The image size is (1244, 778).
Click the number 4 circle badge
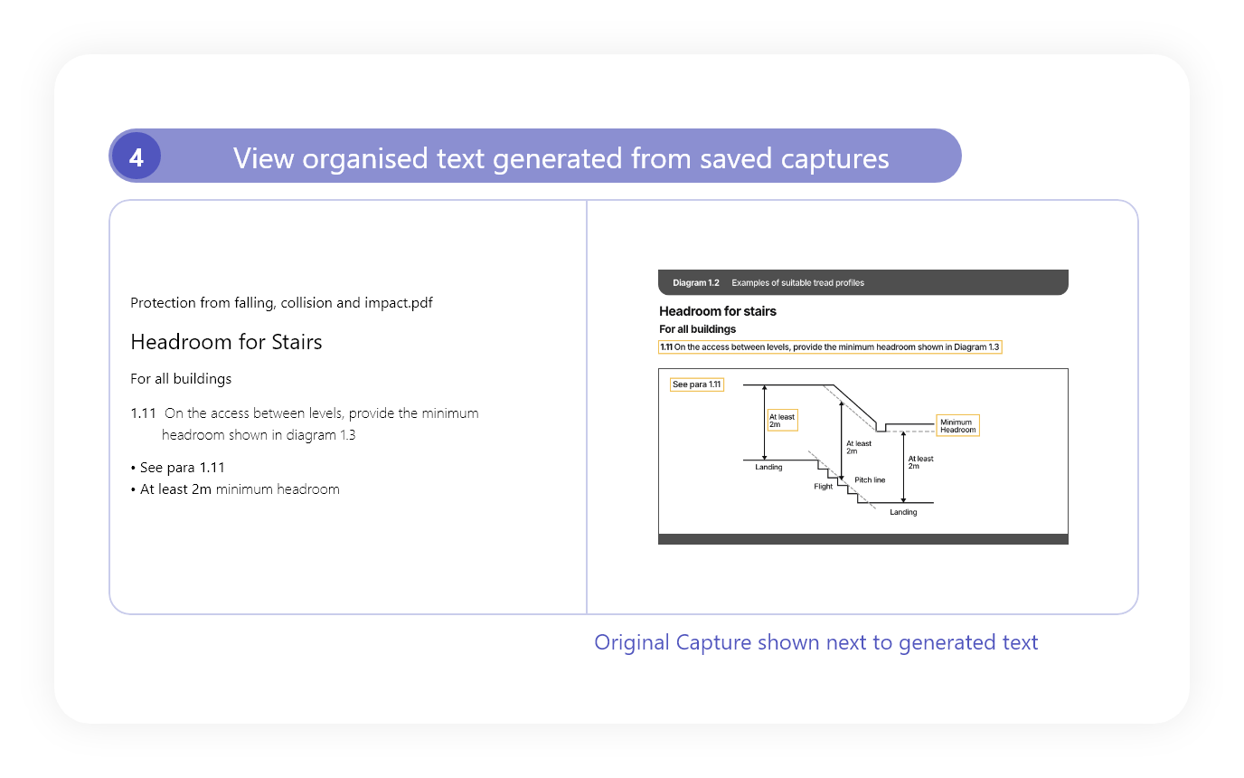pyautogui.click(x=136, y=156)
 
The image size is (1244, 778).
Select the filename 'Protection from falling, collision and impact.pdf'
pyautogui.click(x=281, y=303)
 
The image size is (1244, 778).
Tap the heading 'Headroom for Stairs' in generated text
pyautogui.click(x=226, y=342)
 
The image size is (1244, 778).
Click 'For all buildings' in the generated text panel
pyautogui.click(x=181, y=379)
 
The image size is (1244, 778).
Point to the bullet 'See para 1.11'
pyautogui.click(x=178, y=468)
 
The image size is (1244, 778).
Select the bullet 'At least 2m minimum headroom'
pyautogui.click(x=235, y=489)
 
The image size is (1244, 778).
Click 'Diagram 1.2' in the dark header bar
pyautogui.click(x=696, y=283)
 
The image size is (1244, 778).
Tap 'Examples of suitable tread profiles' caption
pyautogui.click(x=797, y=283)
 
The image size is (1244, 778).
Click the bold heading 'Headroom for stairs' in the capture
pyautogui.click(x=718, y=311)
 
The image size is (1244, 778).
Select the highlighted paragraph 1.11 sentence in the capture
pyautogui.click(x=830, y=347)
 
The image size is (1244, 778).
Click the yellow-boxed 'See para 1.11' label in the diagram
pyautogui.click(x=696, y=384)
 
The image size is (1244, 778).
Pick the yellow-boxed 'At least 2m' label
pyautogui.click(x=782, y=421)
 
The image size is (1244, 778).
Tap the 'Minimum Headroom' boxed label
pyautogui.click(x=957, y=426)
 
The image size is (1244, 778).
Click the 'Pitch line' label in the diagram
pyautogui.click(x=870, y=480)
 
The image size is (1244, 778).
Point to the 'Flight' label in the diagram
pyautogui.click(x=823, y=487)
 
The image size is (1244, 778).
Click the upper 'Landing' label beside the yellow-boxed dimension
pyautogui.click(x=768, y=468)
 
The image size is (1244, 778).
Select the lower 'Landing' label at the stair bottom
pyautogui.click(x=903, y=512)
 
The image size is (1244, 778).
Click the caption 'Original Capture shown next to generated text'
pyautogui.click(x=815, y=642)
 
